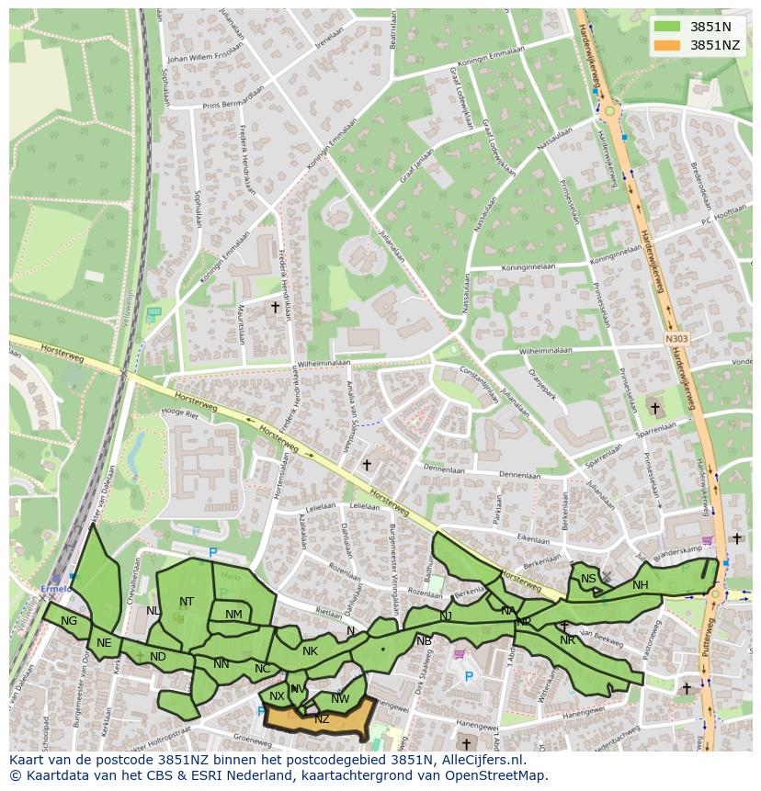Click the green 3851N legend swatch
point(668,27)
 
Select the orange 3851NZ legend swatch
point(668,45)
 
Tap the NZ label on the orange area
point(322,719)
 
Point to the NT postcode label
point(187,602)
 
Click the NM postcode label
point(233,615)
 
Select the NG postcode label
point(69,621)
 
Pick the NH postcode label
point(641,585)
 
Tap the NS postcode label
point(588,579)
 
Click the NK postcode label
point(310,651)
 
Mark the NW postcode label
point(340,699)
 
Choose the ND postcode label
point(158,656)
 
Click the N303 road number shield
point(676,338)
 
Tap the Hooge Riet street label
point(179,414)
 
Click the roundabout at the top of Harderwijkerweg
point(611,112)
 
